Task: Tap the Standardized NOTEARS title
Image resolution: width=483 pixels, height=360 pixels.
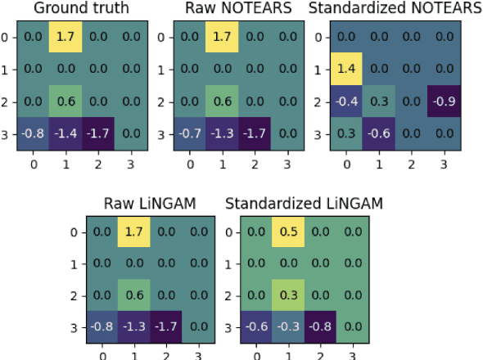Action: pyautogui.click(x=395, y=9)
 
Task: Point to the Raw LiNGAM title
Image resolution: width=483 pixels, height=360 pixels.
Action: pyautogui.click(x=149, y=203)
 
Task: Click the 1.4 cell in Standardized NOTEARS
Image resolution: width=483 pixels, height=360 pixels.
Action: pyautogui.click(x=347, y=69)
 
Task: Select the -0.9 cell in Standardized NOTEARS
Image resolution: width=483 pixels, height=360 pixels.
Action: pyautogui.click(x=444, y=101)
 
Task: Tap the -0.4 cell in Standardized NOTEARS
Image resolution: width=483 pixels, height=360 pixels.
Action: pyautogui.click(x=347, y=101)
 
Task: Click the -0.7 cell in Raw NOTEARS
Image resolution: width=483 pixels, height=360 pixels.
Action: pyautogui.click(x=191, y=133)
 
